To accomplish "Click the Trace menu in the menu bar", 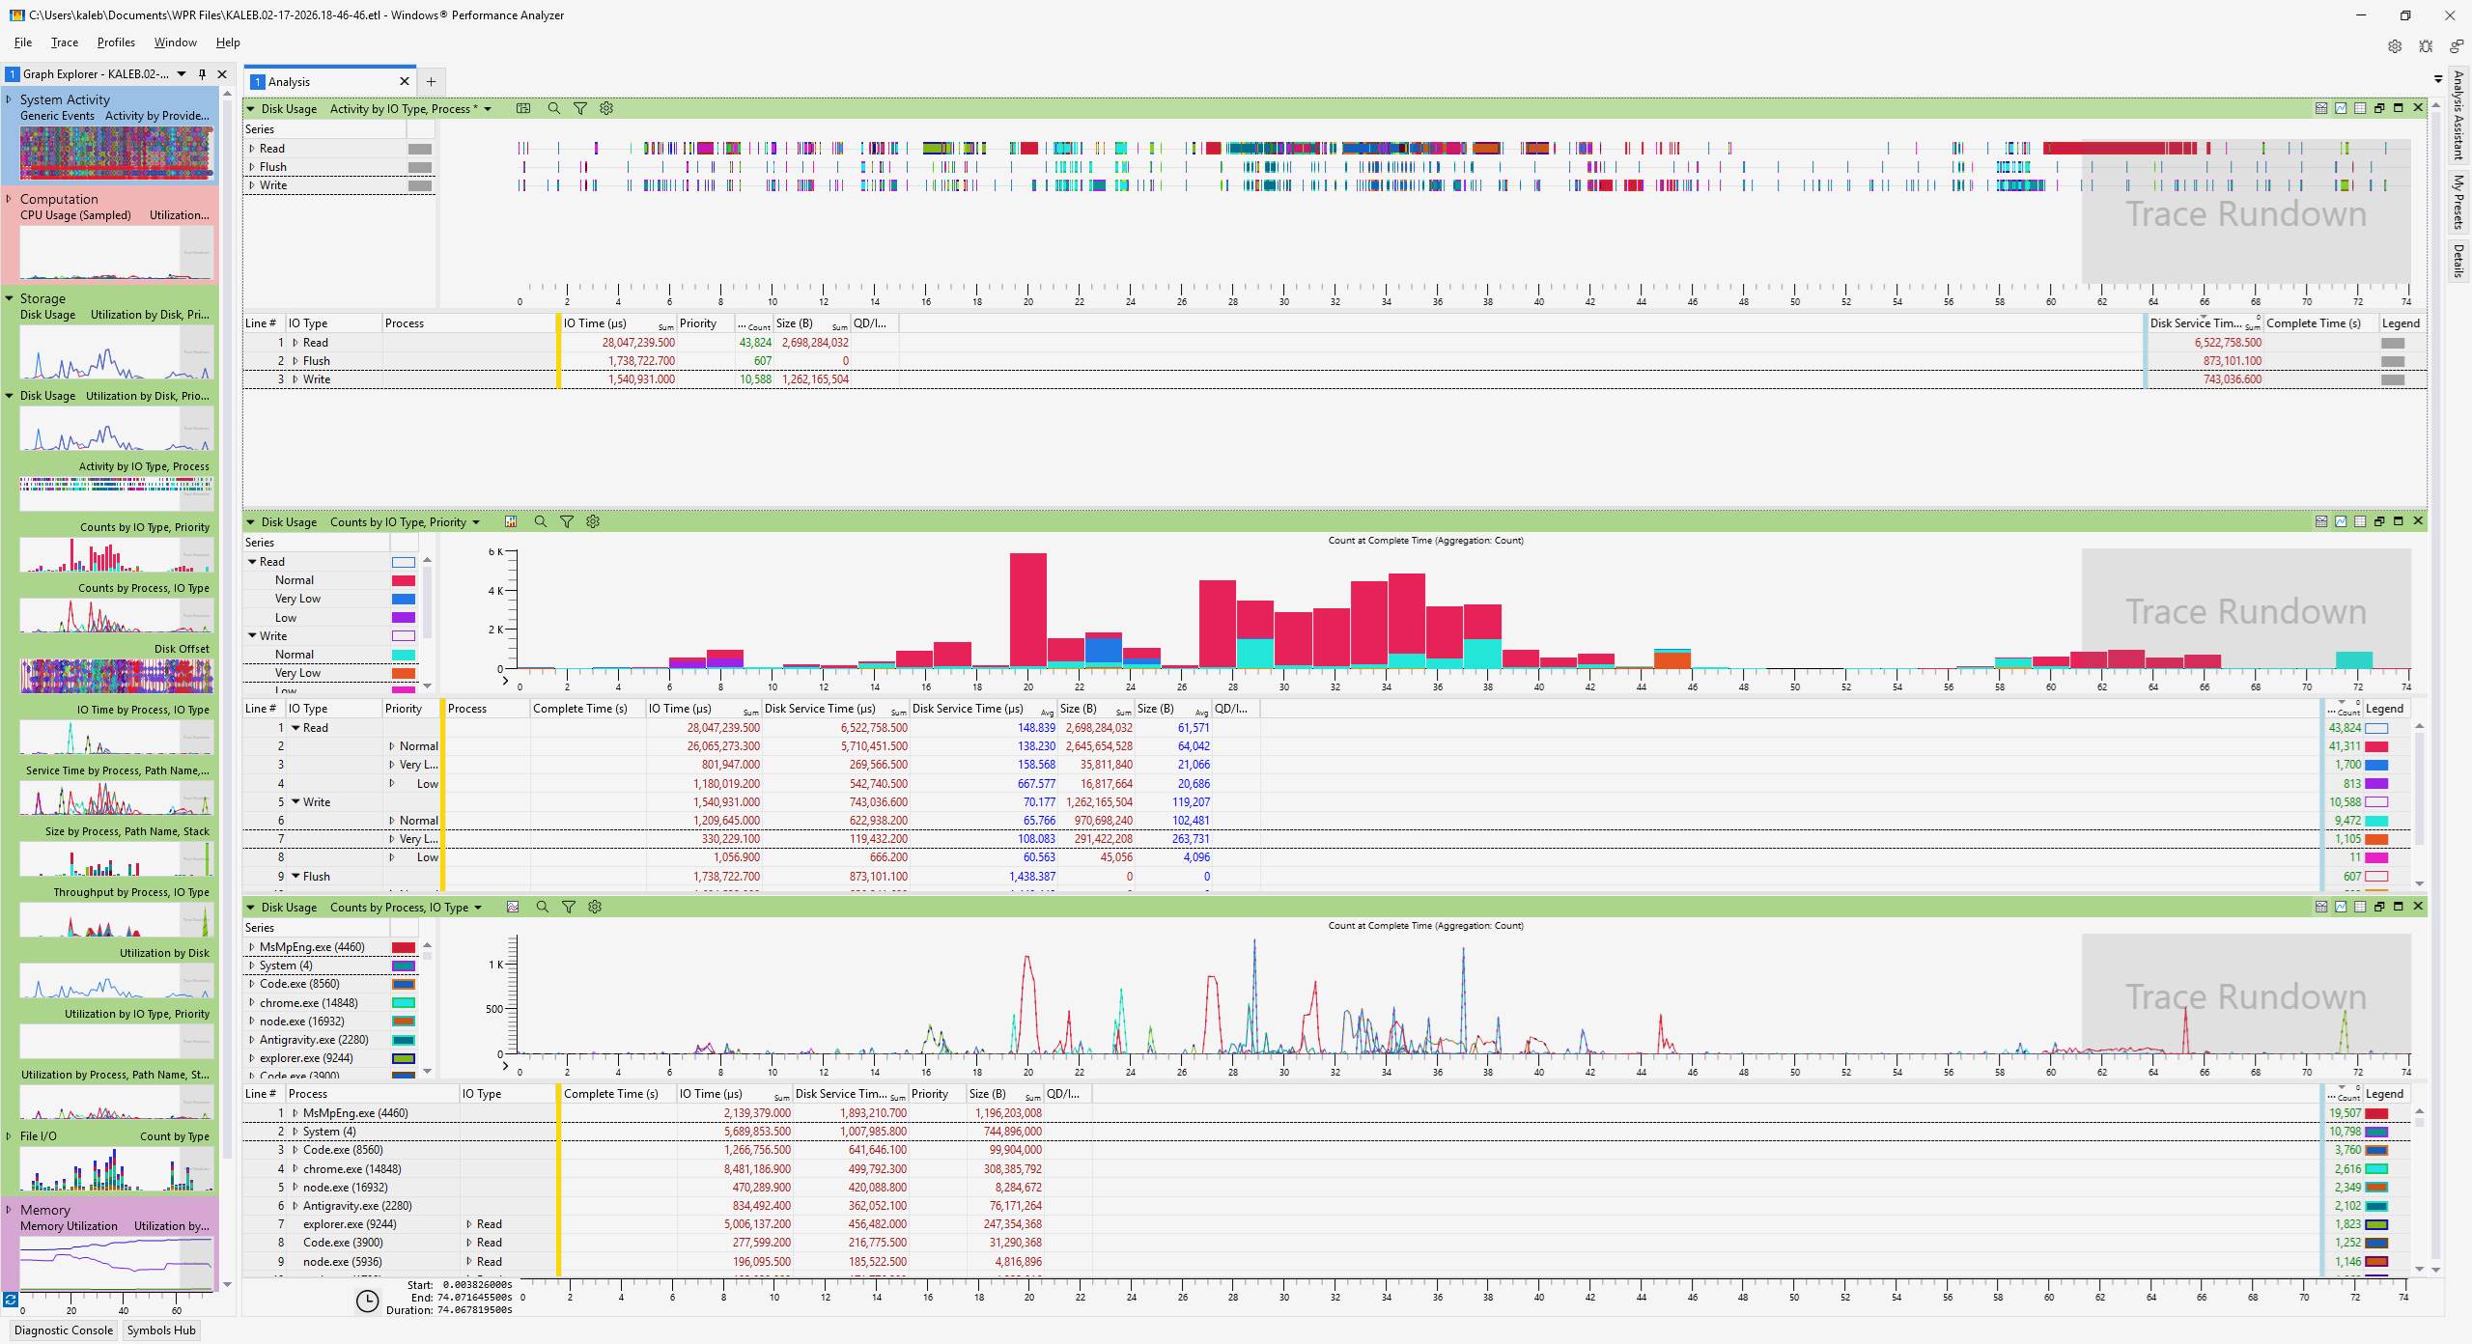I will pyautogui.click(x=65, y=42).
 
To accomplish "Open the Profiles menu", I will pyautogui.click(x=116, y=42).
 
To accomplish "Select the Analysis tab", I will pyautogui.click(x=290, y=82).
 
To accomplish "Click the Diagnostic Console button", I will pyautogui.click(x=64, y=1330).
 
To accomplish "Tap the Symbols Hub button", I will pyautogui.click(x=161, y=1330).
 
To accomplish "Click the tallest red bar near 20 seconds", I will pyautogui.click(x=1027, y=608).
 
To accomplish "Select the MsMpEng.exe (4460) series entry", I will pyautogui.click(x=312, y=947).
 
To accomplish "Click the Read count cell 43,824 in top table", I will pyautogui.click(x=755, y=343).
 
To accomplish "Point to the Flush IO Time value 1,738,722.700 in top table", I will pyautogui.click(x=641, y=361).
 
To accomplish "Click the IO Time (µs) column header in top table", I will pyautogui.click(x=595, y=323).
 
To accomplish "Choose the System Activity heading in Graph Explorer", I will pyautogui.click(x=65, y=99).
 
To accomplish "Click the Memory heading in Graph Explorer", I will pyautogui.click(x=45, y=1210).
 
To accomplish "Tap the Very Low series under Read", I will pyautogui.click(x=297, y=599).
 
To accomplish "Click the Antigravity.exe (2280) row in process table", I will pyautogui.click(x=357, y=1206).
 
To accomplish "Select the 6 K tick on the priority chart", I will pyautogui.click(x=495, y=552).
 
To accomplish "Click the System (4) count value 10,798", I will pyautogui.click(x=2345, y=1132).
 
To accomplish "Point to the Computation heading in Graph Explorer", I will pyautogui.click(x=59, y=199).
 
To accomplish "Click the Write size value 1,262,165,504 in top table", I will pyautogui.click(x=815, y=379).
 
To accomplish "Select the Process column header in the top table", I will pyautogui.click(x=405, y=323).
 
